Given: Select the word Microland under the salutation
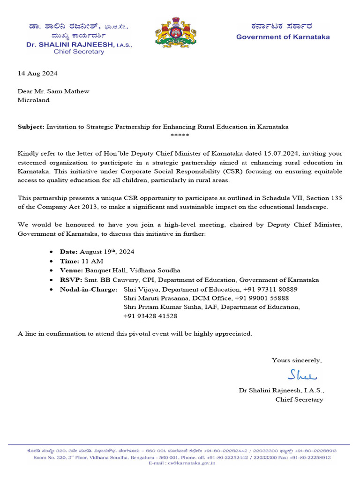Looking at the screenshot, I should pyautogui.click(x=33, y=100).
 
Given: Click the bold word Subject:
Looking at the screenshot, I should pyautogui.click(x=31, y=127).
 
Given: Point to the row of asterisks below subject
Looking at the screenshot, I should pyautogui.click(x=180, y=135).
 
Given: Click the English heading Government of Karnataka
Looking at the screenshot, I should pyautogui.click(x=283, y=37).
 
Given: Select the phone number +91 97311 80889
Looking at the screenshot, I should pyautogui.click(x=270, y=289).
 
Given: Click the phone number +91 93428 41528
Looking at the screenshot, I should pyautogui.click(x=150, y=316).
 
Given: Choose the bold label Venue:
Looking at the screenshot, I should pyautogui.click(x=71, y=270).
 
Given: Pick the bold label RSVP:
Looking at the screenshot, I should pyautogui.click(x=71, y=280).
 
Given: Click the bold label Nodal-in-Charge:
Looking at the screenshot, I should pyautogui.click(x=89, y=289).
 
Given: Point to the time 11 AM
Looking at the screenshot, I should pyautogui.click(x=92, y=261).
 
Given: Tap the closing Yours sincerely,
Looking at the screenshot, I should pyautogui.click(x=297, y=360).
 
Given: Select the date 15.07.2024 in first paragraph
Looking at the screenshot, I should pyautogui.click(x=282, y=154).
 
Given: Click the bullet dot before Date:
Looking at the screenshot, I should pyautogui.click(x=51, y=252).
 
